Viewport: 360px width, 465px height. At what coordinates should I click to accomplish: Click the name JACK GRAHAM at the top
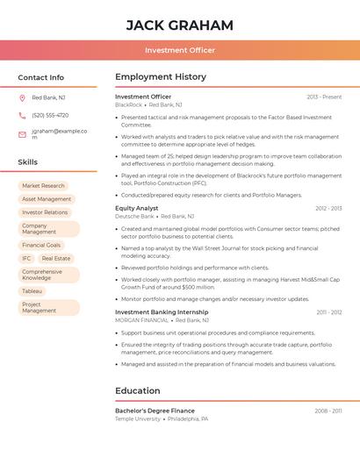[180, 25]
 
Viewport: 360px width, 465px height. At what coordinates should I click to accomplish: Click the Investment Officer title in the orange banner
[180, 50]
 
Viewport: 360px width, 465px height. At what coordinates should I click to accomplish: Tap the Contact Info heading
[41, 77]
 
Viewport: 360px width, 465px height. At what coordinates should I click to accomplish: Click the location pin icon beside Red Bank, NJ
[22, 97]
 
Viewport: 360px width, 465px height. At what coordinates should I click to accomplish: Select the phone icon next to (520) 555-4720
[22, 115]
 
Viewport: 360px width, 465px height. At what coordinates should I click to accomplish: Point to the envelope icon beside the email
[22, 134]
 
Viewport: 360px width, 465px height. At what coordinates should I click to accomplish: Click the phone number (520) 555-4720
[50, 115]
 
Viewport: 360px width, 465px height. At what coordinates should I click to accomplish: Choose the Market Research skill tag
[43, 186]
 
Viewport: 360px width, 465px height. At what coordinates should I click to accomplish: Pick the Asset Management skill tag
[47, 199]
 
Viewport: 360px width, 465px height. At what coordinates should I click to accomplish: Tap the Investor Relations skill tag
[45, 212]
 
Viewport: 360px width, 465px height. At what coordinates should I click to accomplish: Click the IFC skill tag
[26, 259]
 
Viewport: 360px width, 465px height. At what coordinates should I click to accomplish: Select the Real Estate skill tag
[56, 259]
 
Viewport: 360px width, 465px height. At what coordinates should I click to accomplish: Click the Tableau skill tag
[32, 290]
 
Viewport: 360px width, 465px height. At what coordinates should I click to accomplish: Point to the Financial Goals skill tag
[41, 245]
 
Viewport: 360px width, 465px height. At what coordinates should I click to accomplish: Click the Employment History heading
[161, 77]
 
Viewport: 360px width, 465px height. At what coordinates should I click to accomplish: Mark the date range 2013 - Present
[324, 97]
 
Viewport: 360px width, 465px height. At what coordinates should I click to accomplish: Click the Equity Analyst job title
[137, 208]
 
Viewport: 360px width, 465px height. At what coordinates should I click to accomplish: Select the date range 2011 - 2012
[329, 312]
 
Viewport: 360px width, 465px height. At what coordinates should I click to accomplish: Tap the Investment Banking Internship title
[162, 312]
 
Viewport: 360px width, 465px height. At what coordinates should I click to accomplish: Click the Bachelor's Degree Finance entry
[155, 411]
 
